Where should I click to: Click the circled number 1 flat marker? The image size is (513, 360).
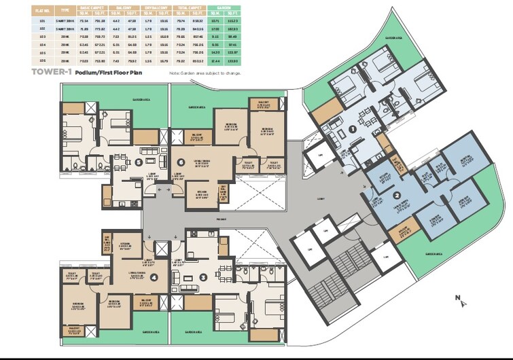pyautogui.click(x=353, y=129)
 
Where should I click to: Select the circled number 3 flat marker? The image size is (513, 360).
pyautogui.click(x=204, y=277)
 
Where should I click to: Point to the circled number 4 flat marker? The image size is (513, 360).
pyautogui.click(x=153, y=277)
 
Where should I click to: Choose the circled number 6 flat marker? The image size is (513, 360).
pyautogui.click(x=181, y=163)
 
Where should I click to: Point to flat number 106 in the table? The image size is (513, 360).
pyautogui.click(x=43, y=61)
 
